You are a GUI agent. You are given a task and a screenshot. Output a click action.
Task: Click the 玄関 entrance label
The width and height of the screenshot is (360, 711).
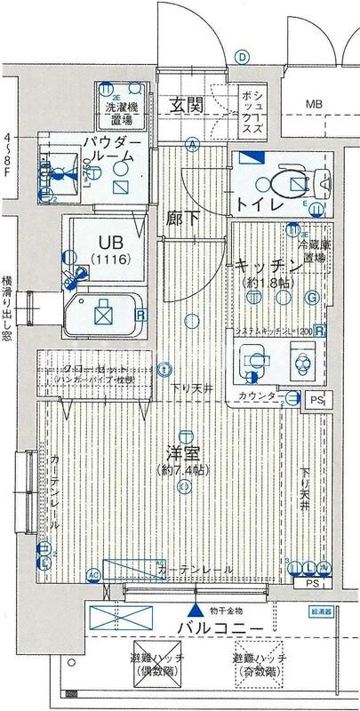[x=188, y=105]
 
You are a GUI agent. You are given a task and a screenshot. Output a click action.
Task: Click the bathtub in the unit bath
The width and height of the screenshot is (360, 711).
[x=103, y=314]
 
